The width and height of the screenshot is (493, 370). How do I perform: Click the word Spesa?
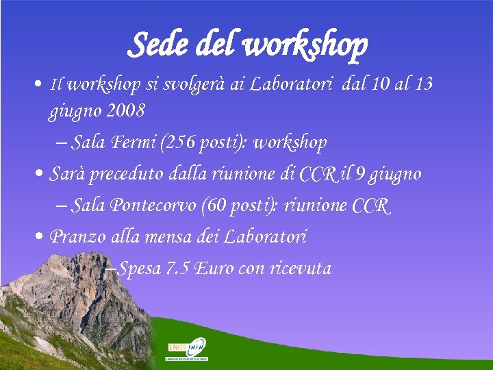139,269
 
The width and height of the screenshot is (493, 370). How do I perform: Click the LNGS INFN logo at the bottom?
188,349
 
